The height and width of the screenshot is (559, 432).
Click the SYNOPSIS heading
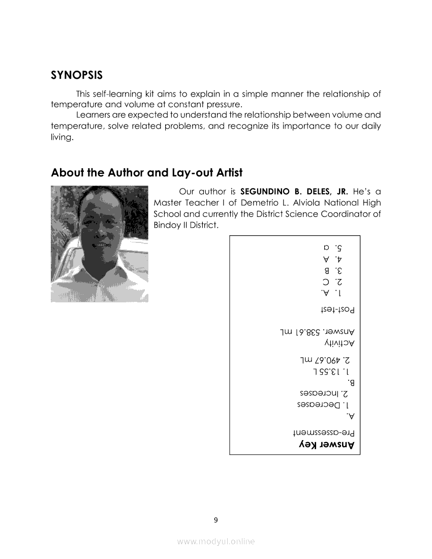(77, 75)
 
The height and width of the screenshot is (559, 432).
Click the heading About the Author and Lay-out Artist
(146, 172)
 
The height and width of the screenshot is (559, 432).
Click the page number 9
(216, 519)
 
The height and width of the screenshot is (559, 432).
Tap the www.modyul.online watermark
(216, 541)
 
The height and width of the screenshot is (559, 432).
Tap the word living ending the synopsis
(61, 137)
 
